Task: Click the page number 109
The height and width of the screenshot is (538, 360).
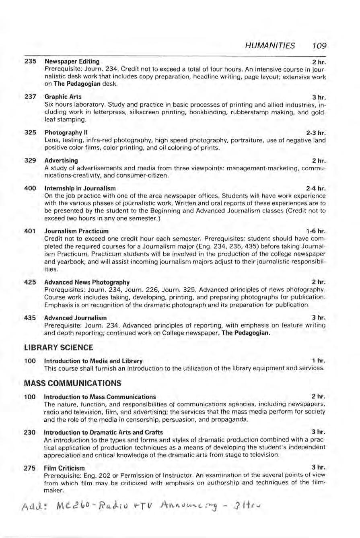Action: (x=318, y=45)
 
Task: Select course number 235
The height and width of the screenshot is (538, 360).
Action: (x=31, y=62)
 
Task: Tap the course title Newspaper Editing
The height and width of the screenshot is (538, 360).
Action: (x=72, y=62)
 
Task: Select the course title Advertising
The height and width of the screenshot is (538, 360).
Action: (x=61, y=160)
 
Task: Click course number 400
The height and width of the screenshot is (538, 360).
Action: (x=31, y=188)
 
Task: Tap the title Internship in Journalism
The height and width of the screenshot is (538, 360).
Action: (x=80, y=188)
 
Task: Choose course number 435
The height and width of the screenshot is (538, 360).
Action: (x=31, y=317)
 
